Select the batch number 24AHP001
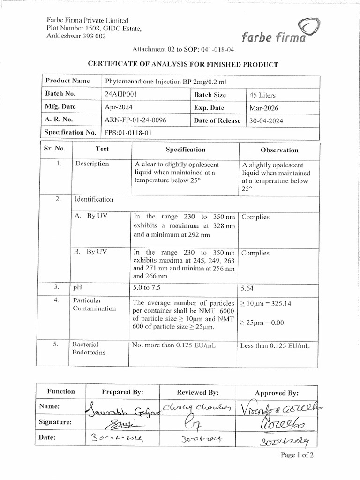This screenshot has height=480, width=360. (122, 94)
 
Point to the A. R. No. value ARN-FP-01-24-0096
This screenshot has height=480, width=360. (136, 120)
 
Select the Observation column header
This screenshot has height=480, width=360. (279, 150)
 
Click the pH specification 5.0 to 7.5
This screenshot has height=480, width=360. (150, 287)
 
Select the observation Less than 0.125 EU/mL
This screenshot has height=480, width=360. (275, 346)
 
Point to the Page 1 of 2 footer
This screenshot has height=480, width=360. (297, 455)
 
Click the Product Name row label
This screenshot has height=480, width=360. (67, 81)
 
